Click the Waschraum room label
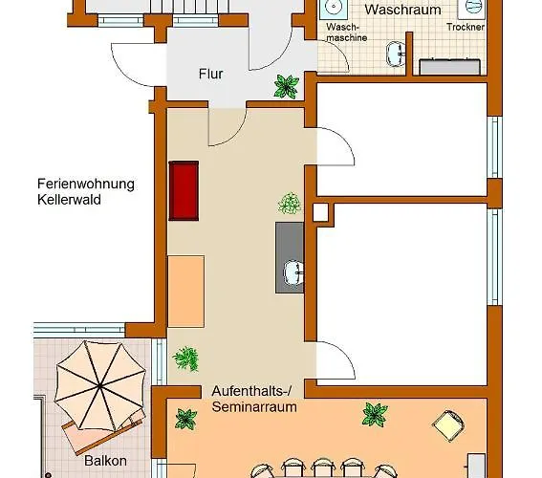pos(402,11)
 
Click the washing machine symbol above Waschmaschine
pos(334,8)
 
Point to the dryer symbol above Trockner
pos(473,8)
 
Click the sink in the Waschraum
pos(395,52)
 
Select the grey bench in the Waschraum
pos(451,66)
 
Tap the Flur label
pos(210,73)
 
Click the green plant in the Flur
pos(286,86)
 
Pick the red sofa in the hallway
pos(183,190)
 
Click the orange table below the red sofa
pos(186,292)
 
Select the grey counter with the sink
pos(290,257)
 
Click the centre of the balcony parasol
pos(98,383)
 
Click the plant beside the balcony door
pos(185,359)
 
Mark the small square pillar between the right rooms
pos(320,210)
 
